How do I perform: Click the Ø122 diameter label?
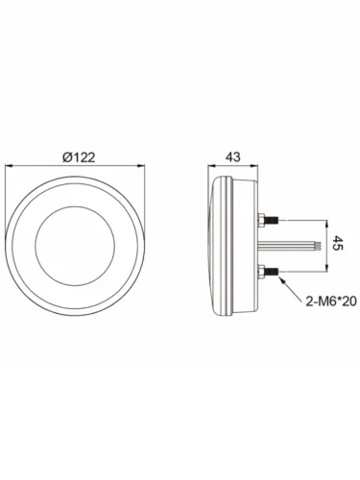pos(79,157)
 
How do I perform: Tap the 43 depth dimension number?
pos(233,157)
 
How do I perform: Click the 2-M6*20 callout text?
pos(331,300)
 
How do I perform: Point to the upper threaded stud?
pos(272,220)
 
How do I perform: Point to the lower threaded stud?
pos(272,271)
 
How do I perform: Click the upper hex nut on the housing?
pos(261,220)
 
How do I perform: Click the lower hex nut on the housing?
pos(261,271)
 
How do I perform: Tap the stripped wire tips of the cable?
pos(317,246)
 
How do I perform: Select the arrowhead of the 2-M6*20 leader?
pos(282,280)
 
